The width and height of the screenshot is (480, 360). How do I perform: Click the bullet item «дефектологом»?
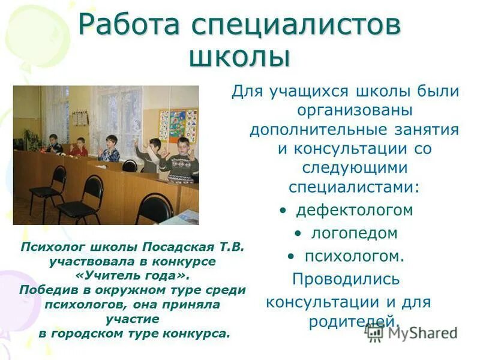(x=353, y=210)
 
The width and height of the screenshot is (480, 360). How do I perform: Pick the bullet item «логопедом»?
(x=353, y=233)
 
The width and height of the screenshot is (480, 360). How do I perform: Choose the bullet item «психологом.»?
(x=354, y=256)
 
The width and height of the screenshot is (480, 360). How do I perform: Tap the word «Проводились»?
(x=346, y=279)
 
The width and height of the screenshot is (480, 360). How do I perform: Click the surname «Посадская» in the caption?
(x=182, y=247)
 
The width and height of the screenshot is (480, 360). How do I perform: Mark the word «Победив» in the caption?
(x=46, y=290)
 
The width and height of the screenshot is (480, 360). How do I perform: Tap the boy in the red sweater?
(x=79, y=147)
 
